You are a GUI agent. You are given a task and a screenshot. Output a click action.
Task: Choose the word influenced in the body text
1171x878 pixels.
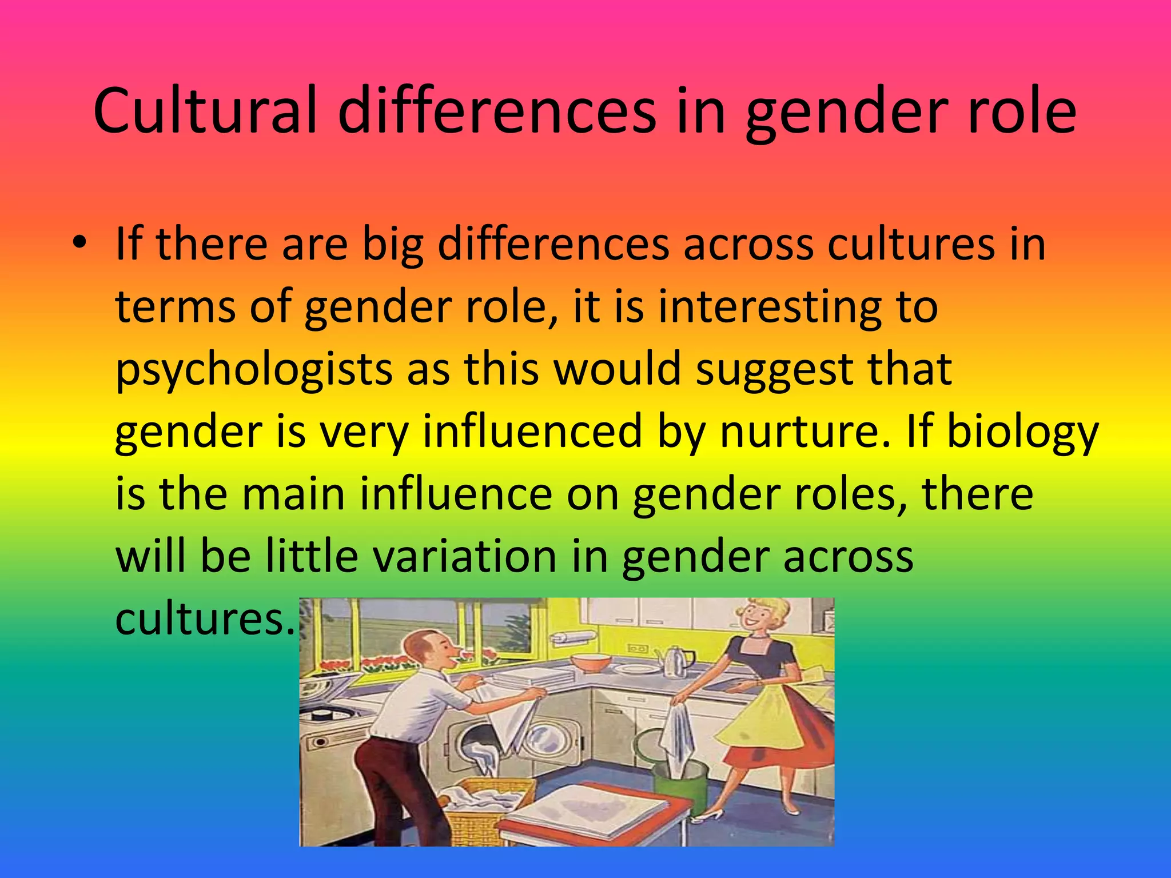point(532,432)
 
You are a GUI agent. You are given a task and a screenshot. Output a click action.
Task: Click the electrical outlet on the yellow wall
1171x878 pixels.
point(638,649)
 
